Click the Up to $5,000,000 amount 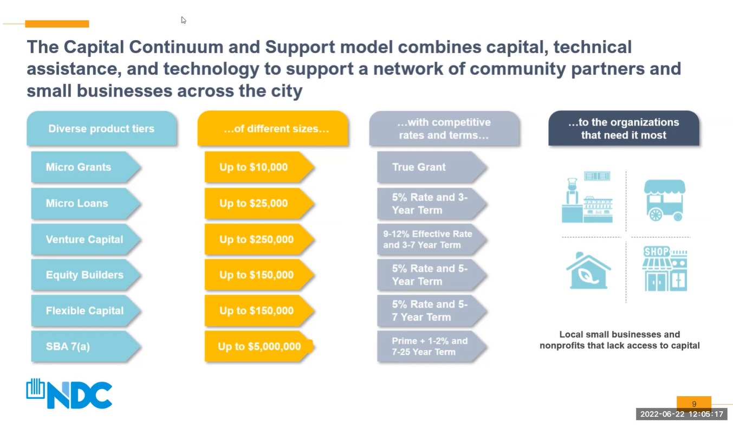point(259,346)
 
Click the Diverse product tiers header point(101,129)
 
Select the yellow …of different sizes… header point(273,129)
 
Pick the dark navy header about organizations point(624,129)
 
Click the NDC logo point(69,393)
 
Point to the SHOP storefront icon point(665,269)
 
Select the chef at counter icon point(587,197)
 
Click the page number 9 point(694,404)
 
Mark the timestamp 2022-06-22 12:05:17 point(682,415)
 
